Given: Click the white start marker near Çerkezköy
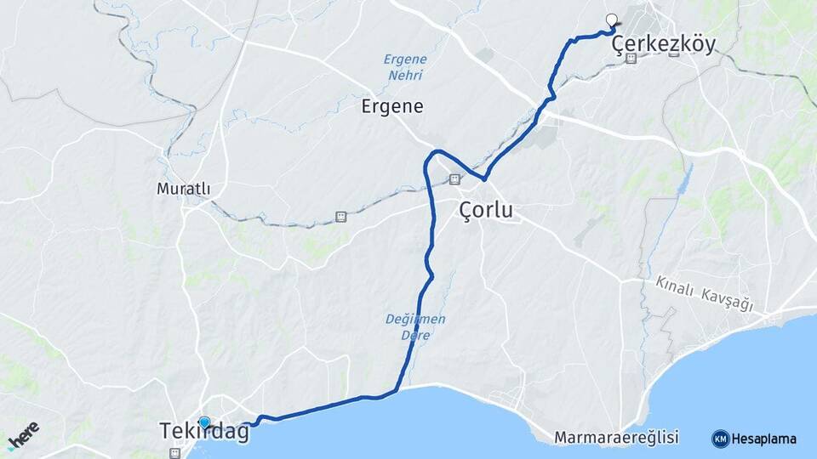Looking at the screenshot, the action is (611, 19).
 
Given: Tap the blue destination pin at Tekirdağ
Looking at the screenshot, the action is (204, 422).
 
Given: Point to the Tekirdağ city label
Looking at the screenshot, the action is (204, 433).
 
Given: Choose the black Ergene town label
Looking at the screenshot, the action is (392, 106).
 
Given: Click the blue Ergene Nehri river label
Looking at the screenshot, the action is (403, 67).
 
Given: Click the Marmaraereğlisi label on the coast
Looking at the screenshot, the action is (616, 438).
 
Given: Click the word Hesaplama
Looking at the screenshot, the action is (763, 439).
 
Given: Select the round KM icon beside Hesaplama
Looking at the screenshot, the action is (720, 439).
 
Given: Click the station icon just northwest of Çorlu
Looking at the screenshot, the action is (454, 179).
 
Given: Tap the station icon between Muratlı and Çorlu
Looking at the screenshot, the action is (341, 217).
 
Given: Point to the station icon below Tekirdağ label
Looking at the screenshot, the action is (174, 452).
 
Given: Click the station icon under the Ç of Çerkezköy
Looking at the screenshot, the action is (631, 59).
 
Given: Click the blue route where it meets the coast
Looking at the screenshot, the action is (397, 390).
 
